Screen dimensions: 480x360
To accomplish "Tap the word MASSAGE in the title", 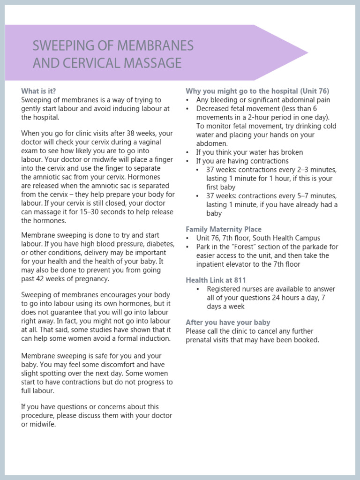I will point(151,62).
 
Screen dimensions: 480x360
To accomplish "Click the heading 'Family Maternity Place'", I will point(224,229).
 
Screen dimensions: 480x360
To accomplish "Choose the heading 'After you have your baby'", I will point(228,322).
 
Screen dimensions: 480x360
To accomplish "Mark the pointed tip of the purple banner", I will point(307,53).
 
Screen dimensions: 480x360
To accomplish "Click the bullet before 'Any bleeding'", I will point(187,100).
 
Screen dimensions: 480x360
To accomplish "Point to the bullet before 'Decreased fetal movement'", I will point(187,109).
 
